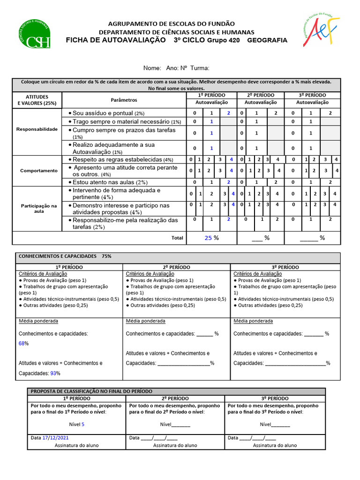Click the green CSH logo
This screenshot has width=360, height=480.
[x=34, y=34]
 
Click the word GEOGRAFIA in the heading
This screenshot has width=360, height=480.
[x=267, y=41]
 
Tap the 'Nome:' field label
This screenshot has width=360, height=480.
[x=152, y=68]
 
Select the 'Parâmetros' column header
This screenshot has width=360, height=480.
[x=124, y=100]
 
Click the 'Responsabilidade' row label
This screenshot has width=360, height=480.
[x=37, y=129]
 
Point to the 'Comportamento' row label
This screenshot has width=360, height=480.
[x=38, y=171]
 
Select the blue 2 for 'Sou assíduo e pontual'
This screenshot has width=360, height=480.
[x=228, y=113]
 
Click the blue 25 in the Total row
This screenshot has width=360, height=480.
[x=208, y=238]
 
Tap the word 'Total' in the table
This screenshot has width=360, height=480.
[x=177, y=238]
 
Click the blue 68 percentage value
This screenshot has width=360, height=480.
[x=22, y=344]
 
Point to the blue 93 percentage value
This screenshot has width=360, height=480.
[x=53, y=373]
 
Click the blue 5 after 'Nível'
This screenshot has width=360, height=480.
[x=83, y=424]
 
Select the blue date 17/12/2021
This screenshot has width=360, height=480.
[x=56, y=438]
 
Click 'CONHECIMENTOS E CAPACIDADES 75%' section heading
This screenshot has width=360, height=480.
[x=65, y=256]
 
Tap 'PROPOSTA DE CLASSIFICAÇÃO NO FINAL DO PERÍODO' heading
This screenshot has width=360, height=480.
[x=91, y=391]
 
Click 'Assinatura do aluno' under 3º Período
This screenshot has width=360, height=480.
[x=275, y=445]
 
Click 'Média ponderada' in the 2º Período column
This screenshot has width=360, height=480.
[x=145, y=321]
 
